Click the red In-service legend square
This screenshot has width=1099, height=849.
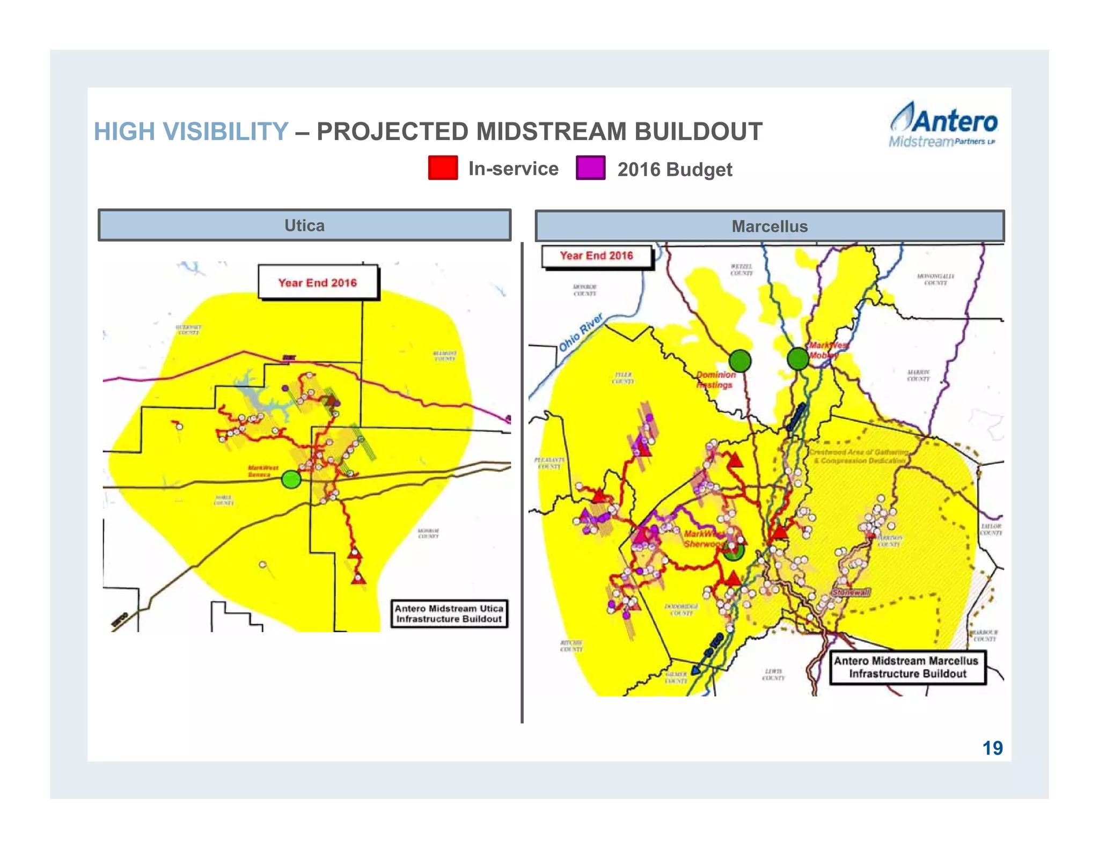[443, 167]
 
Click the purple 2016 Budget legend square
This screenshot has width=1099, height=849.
[590, 167]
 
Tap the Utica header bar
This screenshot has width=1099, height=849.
[304, 225]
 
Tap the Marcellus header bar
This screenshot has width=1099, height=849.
[770, 226]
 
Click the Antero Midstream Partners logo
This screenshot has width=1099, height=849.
[943, 125]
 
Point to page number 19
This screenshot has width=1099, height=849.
[992, 748]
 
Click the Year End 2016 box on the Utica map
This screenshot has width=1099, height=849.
[318, 282]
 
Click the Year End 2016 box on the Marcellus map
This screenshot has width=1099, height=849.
[597, 256]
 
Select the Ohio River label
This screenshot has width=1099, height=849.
[581, 333]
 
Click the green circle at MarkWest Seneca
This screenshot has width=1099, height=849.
[291, 479]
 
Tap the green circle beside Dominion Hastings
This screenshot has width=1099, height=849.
[740, 361]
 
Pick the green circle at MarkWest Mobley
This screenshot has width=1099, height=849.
[798, 358]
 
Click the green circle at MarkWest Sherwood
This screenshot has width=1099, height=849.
[734, 551]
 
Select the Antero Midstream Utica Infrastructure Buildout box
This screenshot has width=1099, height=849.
[449, 613]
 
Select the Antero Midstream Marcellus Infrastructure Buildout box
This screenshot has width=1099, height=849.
[907, 667]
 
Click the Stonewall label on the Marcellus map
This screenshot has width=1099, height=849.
[851, 592]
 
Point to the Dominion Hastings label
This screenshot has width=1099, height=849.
[715, 379]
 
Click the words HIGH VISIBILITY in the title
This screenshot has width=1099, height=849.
[191, 131]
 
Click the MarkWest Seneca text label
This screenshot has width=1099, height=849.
[263, 471]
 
